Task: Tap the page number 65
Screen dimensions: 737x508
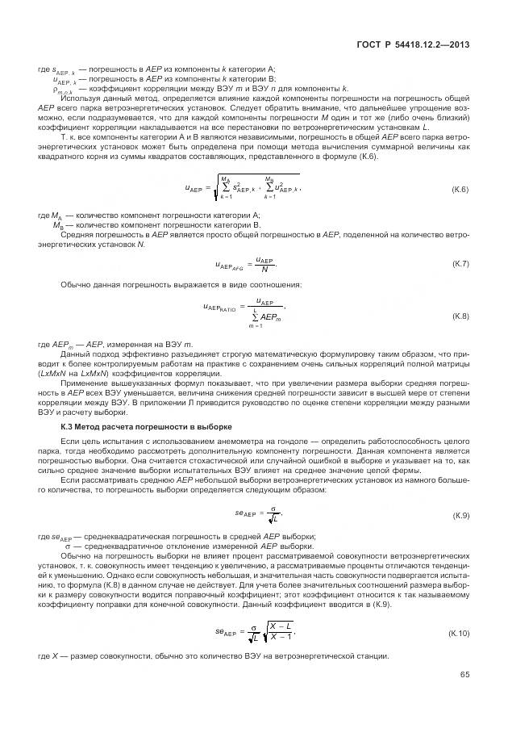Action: (464, 675)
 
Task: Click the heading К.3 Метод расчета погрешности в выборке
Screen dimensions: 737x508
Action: (146, 425)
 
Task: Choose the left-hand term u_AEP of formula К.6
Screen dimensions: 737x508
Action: (194, 191)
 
